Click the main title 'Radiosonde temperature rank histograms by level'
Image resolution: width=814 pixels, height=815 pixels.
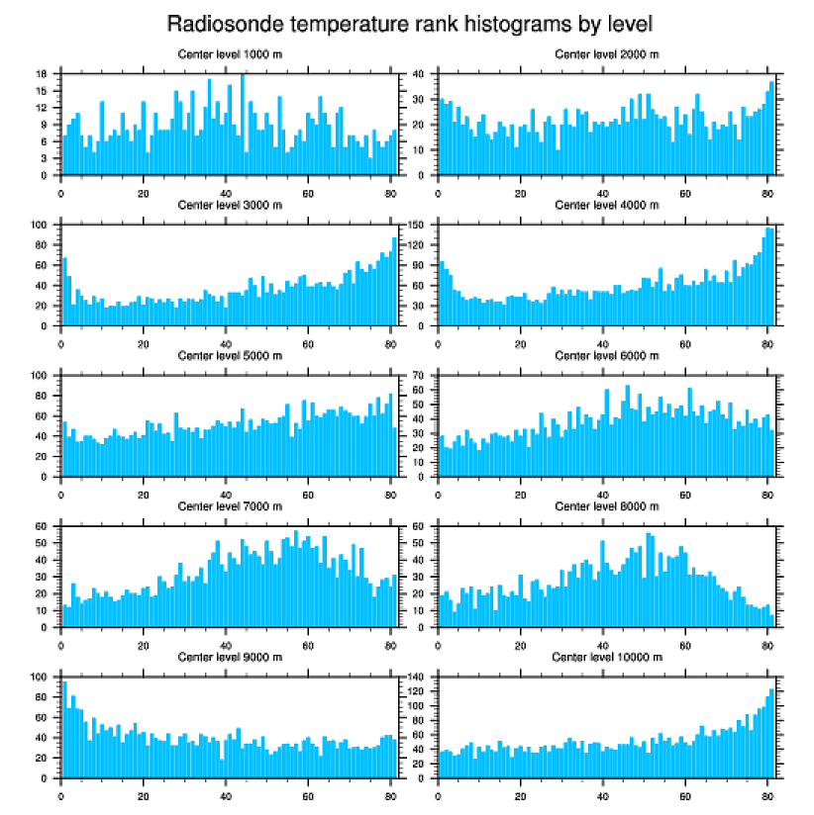click(409, 23)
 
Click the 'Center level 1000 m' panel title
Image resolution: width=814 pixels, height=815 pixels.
click(229, 54)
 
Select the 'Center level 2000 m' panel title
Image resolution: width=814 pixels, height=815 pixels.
click(606, 54)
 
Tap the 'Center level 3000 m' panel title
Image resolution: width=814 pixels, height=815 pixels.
click(229, 205)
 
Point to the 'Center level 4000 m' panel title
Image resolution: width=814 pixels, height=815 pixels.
click(606, 205)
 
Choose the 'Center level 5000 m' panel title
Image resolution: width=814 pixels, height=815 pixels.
click(229, 356)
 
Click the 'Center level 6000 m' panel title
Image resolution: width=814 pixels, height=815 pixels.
click(606, 356)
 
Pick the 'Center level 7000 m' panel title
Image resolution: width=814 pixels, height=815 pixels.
click(229, 506)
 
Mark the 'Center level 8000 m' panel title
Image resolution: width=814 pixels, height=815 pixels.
click(606, 506)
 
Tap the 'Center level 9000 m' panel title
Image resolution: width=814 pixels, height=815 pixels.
click(229, 657)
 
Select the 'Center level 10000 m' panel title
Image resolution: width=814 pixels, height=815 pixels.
click(606, 657)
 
